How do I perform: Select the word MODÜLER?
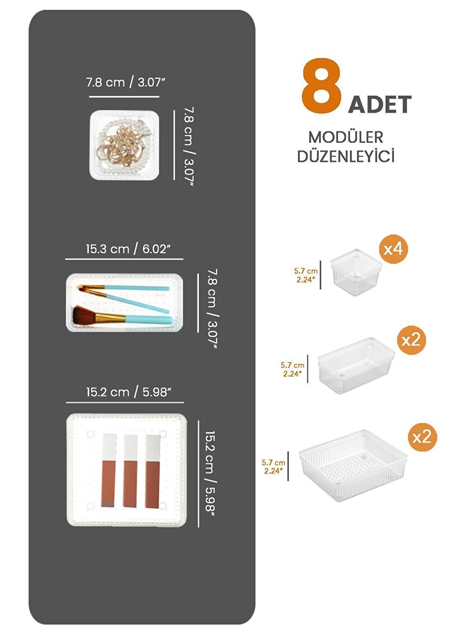pos(346,137)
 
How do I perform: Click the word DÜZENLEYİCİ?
pos(346,156)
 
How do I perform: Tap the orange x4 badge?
pos(393,249)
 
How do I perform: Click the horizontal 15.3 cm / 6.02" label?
pos(128,249)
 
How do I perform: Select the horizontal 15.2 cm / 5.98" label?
pos(128,392)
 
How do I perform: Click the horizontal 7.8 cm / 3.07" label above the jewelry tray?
pos(125,82)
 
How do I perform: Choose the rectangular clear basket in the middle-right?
pos(356,365)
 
